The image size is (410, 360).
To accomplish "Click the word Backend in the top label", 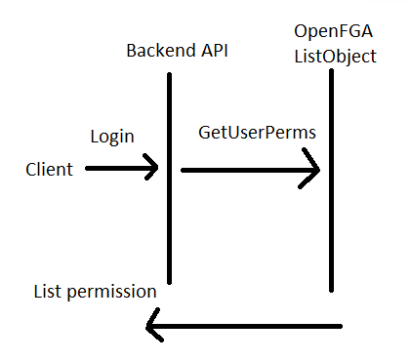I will click(156, 50).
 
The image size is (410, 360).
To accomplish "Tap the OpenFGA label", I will click(329, 33).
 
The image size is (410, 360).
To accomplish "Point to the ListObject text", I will click(335, 57).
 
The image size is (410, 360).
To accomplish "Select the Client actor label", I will click(49, 170).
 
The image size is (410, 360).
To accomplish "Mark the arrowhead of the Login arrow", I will click(154, 168).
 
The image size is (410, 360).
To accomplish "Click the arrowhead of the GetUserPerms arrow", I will click(316, 170).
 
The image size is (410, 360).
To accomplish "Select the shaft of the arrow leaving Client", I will click(117, 168).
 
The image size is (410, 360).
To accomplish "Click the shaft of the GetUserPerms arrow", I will click(244, 170).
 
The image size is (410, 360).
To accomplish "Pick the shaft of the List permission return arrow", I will click(244, 327).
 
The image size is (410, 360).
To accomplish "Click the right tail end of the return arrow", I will click(341, 327).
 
